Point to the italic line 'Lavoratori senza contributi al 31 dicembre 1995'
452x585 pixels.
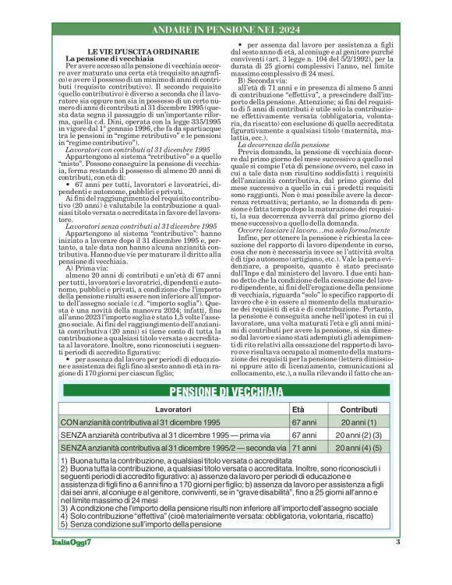129,225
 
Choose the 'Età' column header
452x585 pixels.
298,408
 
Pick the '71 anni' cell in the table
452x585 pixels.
304,449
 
